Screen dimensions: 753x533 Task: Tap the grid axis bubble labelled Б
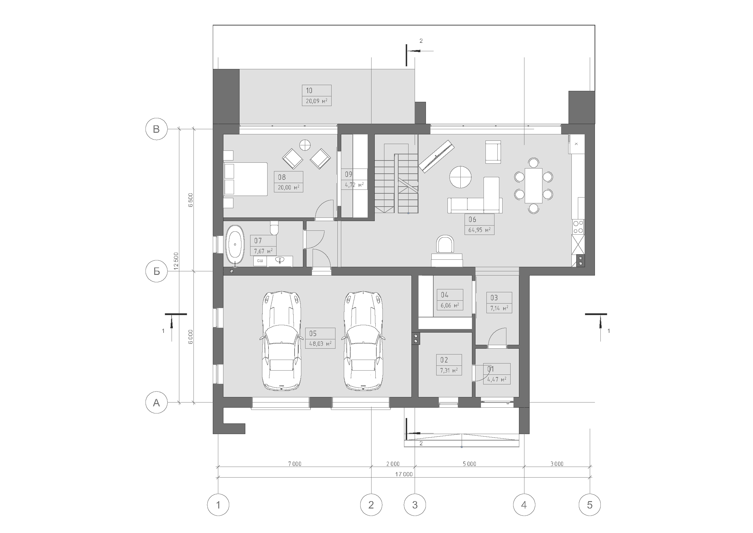click(156, 271)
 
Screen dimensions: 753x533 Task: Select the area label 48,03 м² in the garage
click(320, 344)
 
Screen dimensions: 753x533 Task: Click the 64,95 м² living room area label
click(479, 230)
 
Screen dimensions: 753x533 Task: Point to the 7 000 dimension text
click(295, 464)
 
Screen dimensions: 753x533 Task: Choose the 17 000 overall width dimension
click(404, 474)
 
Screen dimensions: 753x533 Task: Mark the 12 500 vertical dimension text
click(176, 261)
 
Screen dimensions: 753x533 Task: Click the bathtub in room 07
click(235, 245)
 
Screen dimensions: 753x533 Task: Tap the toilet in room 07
click(274, 228)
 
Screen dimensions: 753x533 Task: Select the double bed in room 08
click(245, 179)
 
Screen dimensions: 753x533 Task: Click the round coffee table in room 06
click(460, 177)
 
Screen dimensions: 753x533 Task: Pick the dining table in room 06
click(533, 185)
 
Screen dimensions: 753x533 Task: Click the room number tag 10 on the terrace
click(309, 91)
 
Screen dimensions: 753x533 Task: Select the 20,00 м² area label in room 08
click(288, 188)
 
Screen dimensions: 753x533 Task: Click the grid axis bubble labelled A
click(156, 402)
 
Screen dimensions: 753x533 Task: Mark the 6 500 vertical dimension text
click(191, 200)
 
